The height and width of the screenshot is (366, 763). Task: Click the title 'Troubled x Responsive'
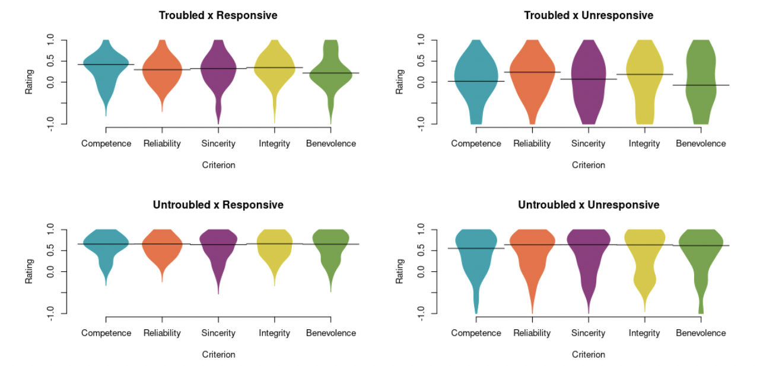pos(218,15)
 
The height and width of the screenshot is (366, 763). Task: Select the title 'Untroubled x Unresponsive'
pos(588,205)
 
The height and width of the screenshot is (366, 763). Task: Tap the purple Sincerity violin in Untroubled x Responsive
pos(218,246)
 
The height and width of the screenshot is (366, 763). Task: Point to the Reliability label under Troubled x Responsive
pos(162,143)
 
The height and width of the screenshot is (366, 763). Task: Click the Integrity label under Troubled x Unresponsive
pos(644,143)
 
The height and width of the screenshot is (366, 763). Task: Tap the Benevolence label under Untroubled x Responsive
pos(331,333)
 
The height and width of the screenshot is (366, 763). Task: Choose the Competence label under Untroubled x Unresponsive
pos(476,333)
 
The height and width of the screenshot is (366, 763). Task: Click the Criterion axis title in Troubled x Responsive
pos(218,165)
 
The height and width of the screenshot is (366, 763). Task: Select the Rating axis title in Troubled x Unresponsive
pos(399,82)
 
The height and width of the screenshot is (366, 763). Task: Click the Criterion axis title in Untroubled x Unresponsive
pos(588,355)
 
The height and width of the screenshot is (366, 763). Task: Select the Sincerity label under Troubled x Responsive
pos(218,143)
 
